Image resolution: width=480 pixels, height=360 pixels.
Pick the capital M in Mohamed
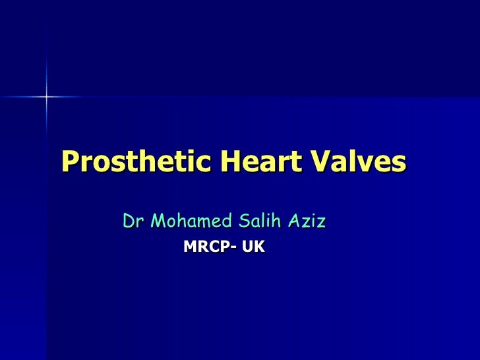(x=158, y=221)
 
